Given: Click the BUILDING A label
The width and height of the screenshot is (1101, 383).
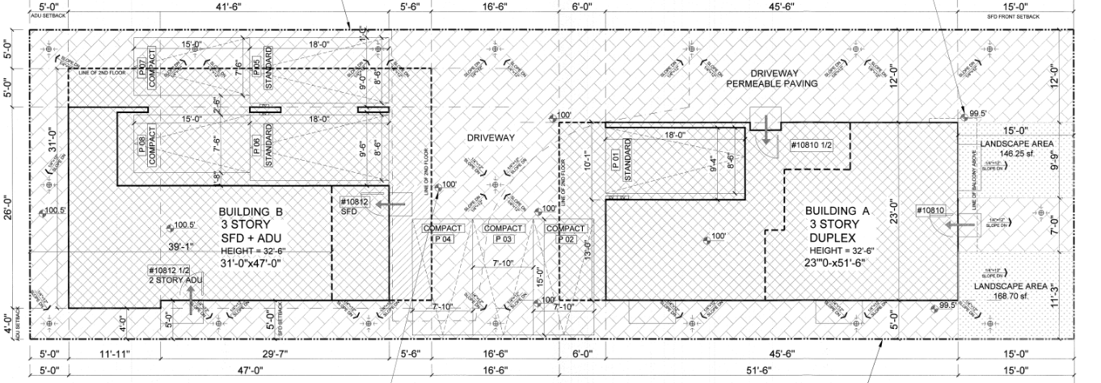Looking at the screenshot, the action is [x=837, y=210].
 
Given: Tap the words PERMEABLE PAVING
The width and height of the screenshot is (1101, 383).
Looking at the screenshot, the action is [x=772, y=83].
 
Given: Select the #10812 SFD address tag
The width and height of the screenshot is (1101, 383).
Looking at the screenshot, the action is [x=354, y=206].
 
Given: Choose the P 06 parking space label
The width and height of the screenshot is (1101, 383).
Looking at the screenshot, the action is [x=256, y=146].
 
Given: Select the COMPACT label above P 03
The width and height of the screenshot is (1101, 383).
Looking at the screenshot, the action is [x=504, y=229].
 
